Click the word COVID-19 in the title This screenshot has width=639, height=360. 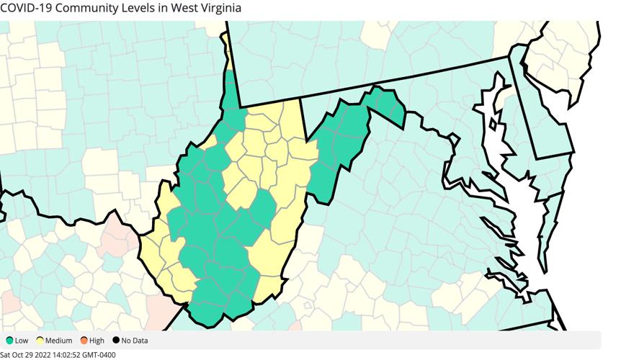28,8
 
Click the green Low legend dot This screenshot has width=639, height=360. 9,341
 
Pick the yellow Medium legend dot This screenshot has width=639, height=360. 41,341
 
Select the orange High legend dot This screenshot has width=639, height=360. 84,341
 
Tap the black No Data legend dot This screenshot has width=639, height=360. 115,341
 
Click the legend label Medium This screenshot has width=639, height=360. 59,341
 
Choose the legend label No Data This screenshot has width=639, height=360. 135,341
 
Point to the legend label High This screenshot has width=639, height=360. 97,341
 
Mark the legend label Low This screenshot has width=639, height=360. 22,341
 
